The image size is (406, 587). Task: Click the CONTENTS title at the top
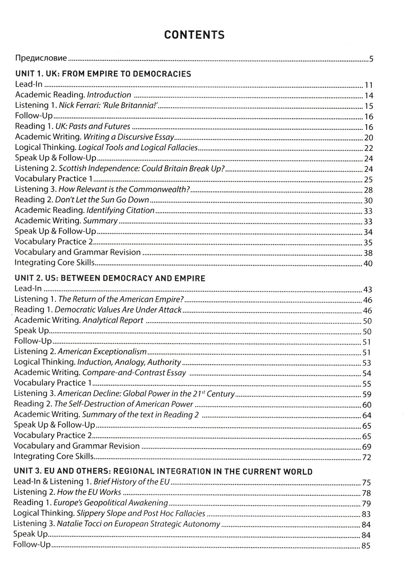click(x=194, y=35)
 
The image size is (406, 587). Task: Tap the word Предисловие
click(x=41, y=58)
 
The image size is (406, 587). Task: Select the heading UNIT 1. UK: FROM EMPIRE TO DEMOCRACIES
click(x=103, y=74)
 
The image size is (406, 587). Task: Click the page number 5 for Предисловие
click(x=371, y=59)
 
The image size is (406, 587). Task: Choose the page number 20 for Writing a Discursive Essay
click(x=369, y=138)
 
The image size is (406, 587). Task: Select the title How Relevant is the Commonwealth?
click(x=124, y=189)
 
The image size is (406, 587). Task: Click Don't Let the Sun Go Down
click(x=102, y=200)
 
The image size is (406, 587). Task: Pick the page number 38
click(x=369, y=253)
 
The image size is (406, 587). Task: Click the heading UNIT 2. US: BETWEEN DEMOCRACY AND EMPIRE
click(x=110, y=278)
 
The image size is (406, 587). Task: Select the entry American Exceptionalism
click(x=102, y=352)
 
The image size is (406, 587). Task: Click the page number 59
click(x=367, y=394)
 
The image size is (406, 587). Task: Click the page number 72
click(x=367, y=457)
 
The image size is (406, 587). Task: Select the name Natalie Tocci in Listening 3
click(x=78, y=524)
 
